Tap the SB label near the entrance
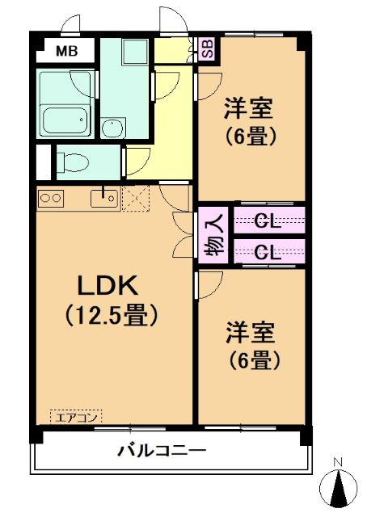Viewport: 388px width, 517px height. pos(206,48)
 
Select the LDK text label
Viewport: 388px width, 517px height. pos(110,285)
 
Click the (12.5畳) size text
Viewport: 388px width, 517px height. pos(110,315)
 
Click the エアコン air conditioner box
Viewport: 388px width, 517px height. pos(76,417)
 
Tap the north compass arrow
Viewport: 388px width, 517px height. pos(339,487)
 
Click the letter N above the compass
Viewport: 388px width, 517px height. pos(339,462)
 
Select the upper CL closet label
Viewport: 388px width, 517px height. pos(268,221)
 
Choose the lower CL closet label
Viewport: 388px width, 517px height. pos(268,251)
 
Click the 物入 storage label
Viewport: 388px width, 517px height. pos(213,234)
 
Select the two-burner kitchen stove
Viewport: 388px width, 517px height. pos(50,197)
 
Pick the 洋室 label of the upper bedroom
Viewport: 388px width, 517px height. pos(248,107)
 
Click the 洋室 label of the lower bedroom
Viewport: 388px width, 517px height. pos(249,332)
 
